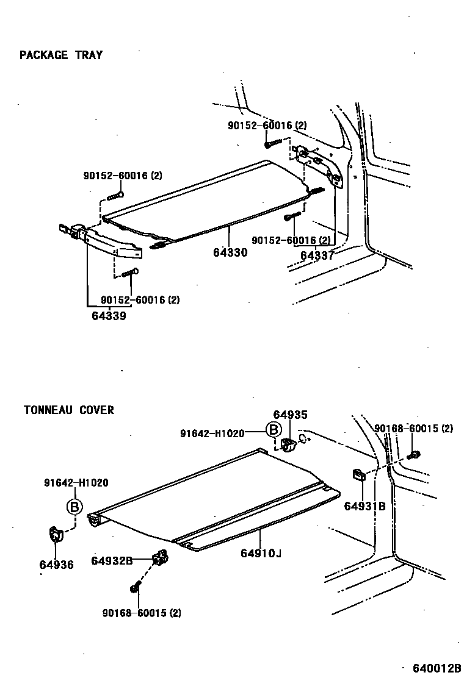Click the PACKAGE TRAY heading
[61, 55]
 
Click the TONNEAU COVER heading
[68, 410]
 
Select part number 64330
[230, 252]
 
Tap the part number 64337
[317, 255]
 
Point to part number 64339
[109, 315]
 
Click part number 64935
[290, 415]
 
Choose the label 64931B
[364, 505]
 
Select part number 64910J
[261, 553]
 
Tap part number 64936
[56, 565]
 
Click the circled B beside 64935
[274, 431]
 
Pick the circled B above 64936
[74, 507]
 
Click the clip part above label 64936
[56, 535]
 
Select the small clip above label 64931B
[358, 474]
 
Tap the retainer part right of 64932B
[160, 556]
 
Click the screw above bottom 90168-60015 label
[135, 588]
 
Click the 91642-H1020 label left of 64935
[212, 433]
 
